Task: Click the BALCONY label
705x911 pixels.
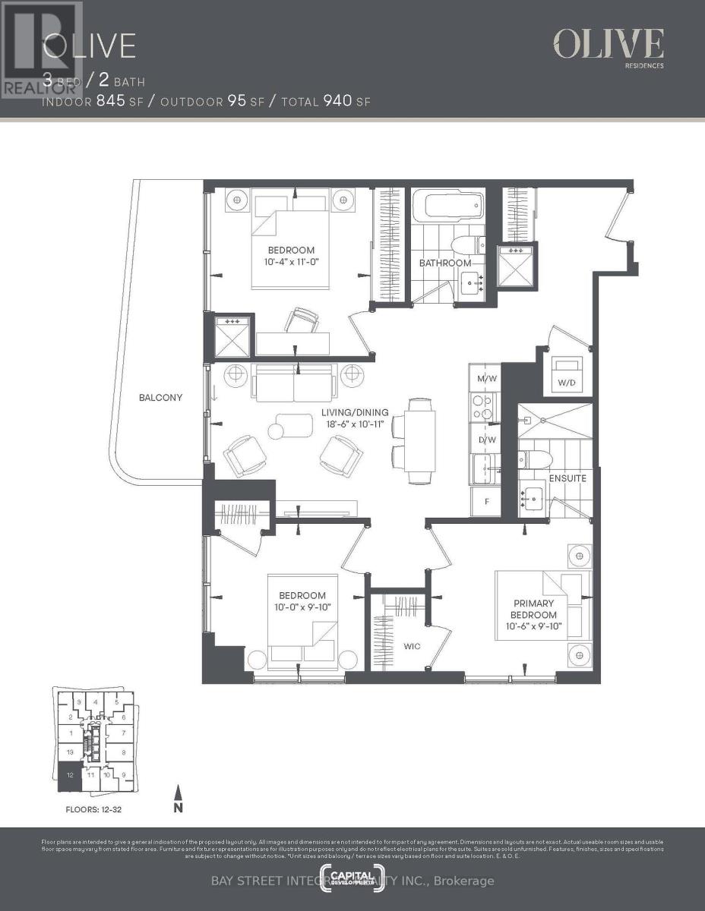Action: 160,397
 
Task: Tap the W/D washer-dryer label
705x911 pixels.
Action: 566,383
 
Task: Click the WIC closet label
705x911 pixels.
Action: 412,647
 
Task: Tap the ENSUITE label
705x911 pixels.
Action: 567,478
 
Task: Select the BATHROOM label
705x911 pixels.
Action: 445,263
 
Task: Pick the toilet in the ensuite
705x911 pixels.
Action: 526,461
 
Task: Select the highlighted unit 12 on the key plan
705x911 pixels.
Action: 69,776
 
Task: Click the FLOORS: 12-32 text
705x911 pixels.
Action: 90,810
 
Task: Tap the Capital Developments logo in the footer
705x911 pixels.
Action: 352,873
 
